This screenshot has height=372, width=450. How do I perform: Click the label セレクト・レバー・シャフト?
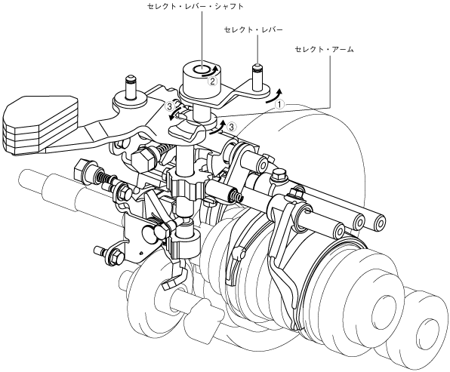195,6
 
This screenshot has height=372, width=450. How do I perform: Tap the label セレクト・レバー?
254,29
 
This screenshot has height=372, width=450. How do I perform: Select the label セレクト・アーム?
325,49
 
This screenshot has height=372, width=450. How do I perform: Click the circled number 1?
279,104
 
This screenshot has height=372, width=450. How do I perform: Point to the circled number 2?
212,81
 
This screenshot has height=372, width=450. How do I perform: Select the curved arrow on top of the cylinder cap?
211,72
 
